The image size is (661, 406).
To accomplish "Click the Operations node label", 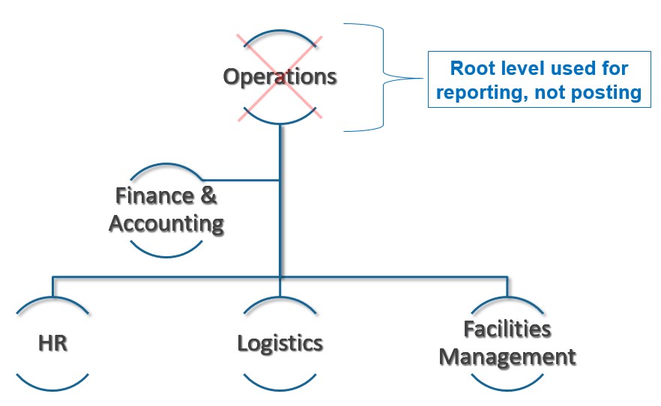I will [x=280, y=76].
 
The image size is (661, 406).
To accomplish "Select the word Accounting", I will [x=166, y=223].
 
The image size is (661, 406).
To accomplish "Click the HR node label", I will [x=52, y=343].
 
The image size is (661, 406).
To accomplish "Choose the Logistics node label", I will [x=280, y=343].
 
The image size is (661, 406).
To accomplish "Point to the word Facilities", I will [x=507, y=329].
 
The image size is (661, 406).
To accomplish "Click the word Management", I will [x=507, y=357].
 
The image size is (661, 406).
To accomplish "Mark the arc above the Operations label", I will [x=280, y=32].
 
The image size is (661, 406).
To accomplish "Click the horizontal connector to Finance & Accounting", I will [x=239, y=180].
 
